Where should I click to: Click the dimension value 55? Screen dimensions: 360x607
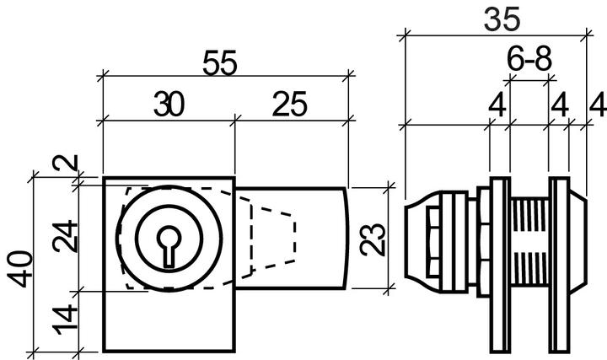221,64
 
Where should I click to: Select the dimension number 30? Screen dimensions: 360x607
169,105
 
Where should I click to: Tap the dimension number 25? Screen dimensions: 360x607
289,105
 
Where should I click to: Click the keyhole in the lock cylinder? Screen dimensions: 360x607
169,244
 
